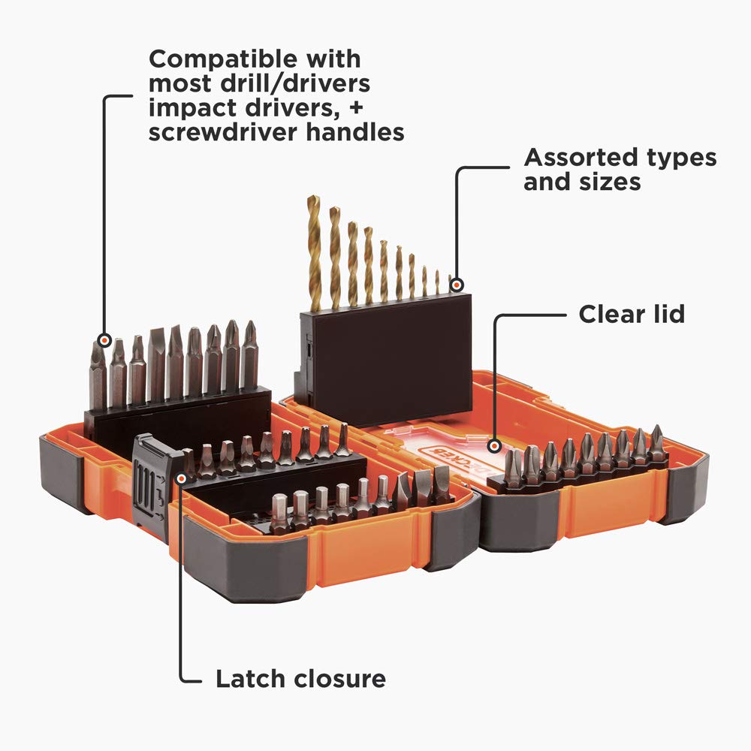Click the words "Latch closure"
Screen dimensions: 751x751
(300, 680)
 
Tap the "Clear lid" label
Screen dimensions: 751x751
(631, 313)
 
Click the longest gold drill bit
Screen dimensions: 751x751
(314, 252)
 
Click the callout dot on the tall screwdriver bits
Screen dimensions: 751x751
(104, 339)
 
